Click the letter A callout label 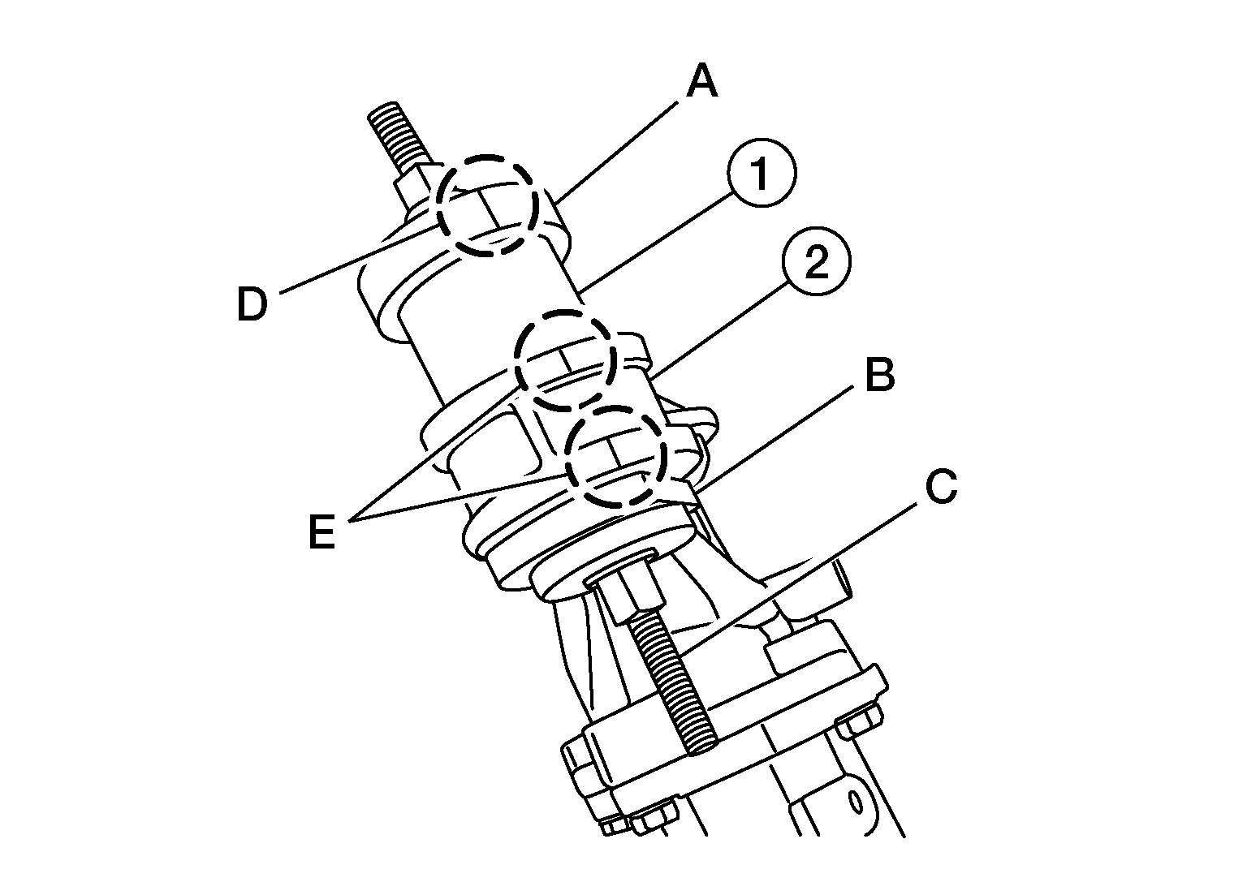[702, 80]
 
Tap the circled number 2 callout [816, 261]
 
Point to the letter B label [879, 374]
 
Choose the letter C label [942, 486]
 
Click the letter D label [252, 304]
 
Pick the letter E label [321, 531]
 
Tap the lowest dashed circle [615, 456]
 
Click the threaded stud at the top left [399, 136]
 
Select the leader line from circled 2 [719, 330]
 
